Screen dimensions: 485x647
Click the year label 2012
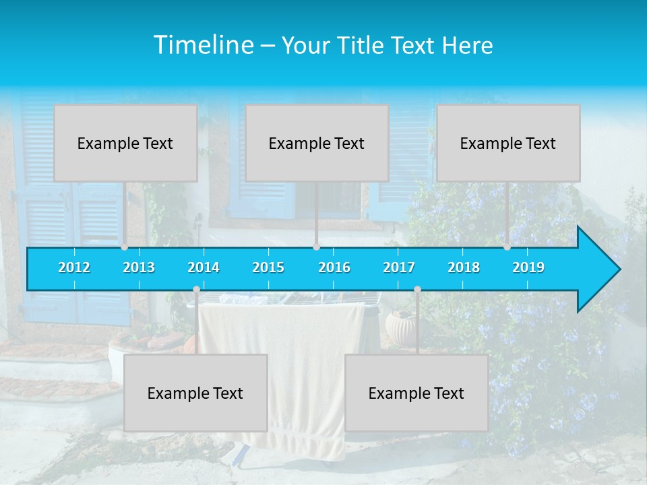[74, 267]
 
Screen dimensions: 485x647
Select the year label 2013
[139, 267]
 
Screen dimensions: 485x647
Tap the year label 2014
[204, 267]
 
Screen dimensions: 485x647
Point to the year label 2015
[268, 267]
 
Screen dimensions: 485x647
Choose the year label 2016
[334, 267]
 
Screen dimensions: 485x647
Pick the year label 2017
[399, 267]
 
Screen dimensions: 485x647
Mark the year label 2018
[464, 267]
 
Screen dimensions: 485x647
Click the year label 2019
[528, 267]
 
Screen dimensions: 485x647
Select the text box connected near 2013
[125, 143]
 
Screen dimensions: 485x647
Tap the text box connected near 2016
[317, 143]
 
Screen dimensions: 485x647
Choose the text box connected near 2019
[508, 143]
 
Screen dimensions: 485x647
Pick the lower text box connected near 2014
[195, 393]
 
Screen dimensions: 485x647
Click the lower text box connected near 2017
[417, 393]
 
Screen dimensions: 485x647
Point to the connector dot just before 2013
[125, 247]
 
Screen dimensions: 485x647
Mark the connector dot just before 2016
[316, 247]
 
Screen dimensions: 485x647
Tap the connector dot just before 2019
[507, 247]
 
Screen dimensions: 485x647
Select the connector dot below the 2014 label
[196, 290]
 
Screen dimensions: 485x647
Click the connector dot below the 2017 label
[417, 290]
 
